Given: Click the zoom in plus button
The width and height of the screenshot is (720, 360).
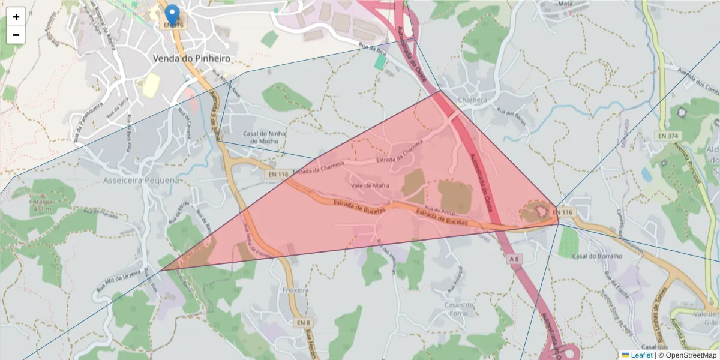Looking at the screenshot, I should [x=16, y=17].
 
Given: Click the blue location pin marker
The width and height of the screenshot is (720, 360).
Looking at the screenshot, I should [x=172, y=15].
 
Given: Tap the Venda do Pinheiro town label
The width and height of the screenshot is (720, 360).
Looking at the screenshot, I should [x=191, y=58].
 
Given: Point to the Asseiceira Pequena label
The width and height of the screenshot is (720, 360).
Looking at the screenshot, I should [x=141, y=180].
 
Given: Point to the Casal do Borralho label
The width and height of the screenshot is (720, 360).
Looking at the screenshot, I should [x=597, y=256].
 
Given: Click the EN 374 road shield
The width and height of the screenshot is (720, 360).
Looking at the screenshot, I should [x=668, y=136].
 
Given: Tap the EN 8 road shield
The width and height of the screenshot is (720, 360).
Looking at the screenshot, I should [x=303, y=322].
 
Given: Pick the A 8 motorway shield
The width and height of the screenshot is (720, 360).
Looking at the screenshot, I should [x=514, y=258].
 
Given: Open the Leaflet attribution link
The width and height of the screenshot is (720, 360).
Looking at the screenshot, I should [x=641, y=355].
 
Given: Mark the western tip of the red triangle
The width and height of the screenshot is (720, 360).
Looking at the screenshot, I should [x=161, y=271].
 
